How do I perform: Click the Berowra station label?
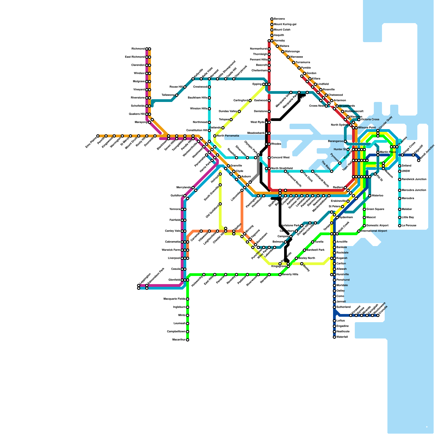click(279, 19)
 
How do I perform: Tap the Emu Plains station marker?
click(98, 136)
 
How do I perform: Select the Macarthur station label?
click(179, 340)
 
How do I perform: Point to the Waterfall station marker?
click(334, 337)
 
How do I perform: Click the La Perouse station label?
click(409, 226)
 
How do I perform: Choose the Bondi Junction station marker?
click(419, 160)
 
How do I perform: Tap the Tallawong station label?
click(168, 95)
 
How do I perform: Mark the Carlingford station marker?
click(250, 101)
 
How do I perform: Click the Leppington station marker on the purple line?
click(139, 285)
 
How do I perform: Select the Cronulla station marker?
click(378, 315)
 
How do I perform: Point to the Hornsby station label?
click(279, 41)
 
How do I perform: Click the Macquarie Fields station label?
click(174, 299)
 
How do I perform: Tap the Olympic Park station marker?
click(258, 155)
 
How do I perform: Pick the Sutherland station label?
click(343, 307)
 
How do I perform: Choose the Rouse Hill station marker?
click(185, 87)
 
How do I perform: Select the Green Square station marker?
click(364, 209)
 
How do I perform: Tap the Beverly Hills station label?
click(290, 275)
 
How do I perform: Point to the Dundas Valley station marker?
click(239, 111)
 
